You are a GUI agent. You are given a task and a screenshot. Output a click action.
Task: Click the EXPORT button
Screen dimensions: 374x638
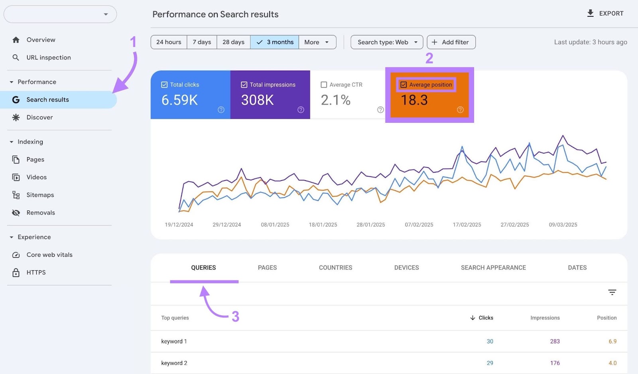coord(605,14)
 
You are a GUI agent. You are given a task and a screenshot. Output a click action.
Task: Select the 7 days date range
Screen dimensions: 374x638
coord(202,42)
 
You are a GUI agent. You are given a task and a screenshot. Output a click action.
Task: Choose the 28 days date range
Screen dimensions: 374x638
coord(233,42)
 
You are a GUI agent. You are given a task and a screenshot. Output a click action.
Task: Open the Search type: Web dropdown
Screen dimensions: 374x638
coord(386,42)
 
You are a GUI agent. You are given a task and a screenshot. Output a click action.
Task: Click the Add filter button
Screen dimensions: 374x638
coord(451,42)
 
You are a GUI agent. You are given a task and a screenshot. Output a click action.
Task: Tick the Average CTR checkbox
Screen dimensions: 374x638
coord(324,85)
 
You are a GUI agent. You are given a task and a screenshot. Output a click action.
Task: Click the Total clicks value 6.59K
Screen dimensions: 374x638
coord(179,100)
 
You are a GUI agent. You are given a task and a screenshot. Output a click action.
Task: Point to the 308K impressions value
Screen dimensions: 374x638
coord(257,100)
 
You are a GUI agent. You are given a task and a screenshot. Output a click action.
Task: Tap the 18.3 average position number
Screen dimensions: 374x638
coord(414,100)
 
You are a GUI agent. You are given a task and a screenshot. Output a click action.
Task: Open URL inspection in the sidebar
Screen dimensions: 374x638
coord(48,57)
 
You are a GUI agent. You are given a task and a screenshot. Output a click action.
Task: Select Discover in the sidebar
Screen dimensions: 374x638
coord(39,117)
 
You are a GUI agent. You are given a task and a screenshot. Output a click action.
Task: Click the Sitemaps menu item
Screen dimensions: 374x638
coord(40,195)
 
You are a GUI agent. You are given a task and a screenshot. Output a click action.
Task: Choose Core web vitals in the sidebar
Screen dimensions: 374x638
coord(49,255)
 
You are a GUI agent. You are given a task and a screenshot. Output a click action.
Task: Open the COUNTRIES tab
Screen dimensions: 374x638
coord(335,268)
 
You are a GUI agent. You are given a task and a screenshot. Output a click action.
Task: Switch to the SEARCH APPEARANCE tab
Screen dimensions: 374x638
coord(493,268)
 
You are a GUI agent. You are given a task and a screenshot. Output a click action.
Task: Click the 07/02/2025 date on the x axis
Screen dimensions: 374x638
coord(419,225)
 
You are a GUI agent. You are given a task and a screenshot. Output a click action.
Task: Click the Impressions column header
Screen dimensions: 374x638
coord(545,318)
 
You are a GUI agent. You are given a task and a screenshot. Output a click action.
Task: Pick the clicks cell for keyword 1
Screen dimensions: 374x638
coord(490,341)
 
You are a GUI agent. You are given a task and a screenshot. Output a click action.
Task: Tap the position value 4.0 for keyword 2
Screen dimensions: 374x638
coord(612,363)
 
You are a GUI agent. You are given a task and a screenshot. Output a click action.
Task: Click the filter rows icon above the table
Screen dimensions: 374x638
coord(612,292)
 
